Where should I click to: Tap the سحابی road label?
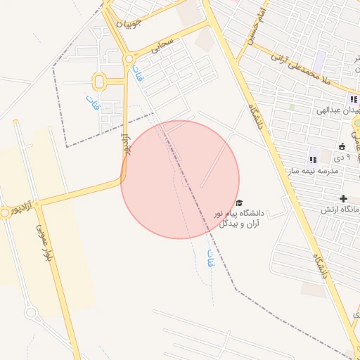pos(166,42)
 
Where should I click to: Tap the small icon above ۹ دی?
pos(342,147)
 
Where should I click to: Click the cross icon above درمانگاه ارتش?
pos(343,199)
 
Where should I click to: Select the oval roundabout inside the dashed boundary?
pos(99,82)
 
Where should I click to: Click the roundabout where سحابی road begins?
pos(129,60)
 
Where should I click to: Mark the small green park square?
pos(292,107)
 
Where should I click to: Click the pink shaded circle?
pos(180,179)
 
